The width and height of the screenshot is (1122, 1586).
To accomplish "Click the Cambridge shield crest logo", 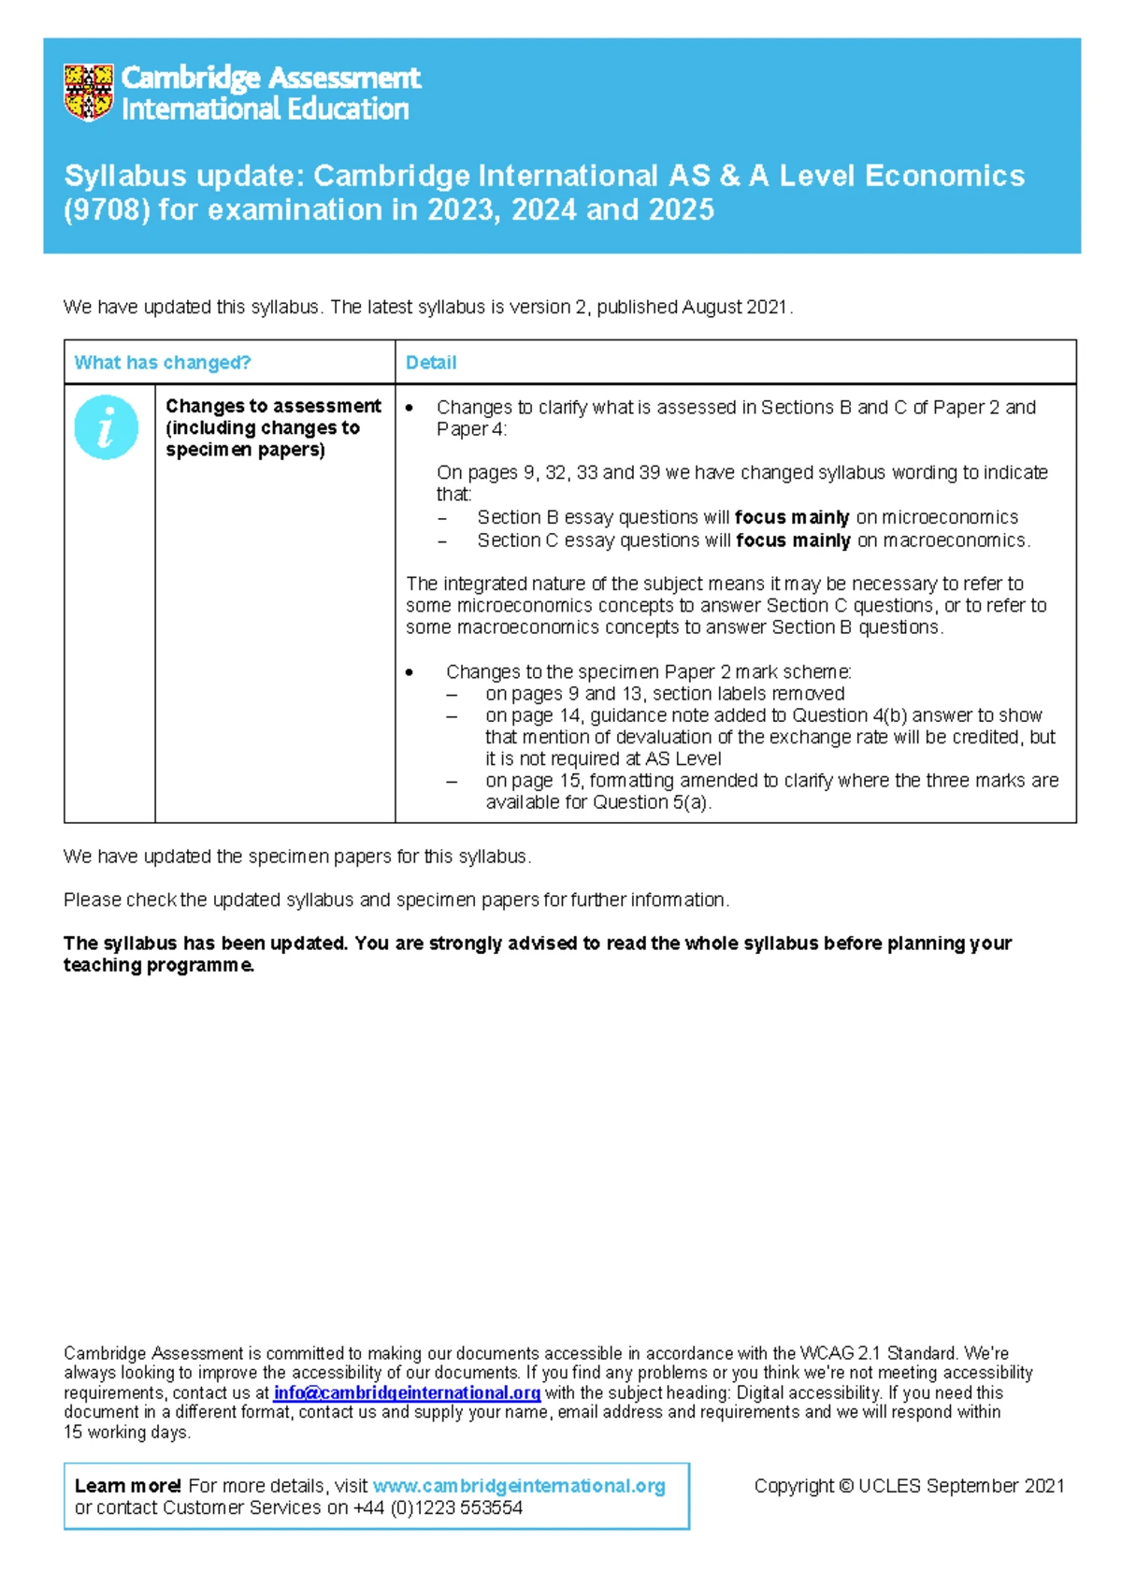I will (89, 93).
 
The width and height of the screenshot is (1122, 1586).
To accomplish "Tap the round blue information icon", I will (107, 427).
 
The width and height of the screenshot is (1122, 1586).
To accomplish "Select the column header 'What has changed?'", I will (163, 363).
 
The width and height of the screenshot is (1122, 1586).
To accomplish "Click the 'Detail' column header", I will (431, 363).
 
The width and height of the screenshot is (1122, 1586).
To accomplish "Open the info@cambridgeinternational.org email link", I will (407, 1392).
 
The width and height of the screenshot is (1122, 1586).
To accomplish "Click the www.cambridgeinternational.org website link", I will (519, 1486).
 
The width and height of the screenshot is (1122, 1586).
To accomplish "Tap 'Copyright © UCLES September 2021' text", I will (909, 1486).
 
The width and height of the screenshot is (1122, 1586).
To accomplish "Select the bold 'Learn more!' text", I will (128, 1486).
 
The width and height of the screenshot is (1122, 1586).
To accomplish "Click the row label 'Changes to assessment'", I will (273, 407).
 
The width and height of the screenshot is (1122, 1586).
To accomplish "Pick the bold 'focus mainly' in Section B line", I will (792, 517).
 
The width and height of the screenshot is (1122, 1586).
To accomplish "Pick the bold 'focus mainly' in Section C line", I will (793, 541).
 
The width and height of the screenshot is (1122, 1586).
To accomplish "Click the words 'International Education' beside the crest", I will (266, 109).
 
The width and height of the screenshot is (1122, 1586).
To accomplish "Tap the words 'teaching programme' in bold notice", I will (158, 965).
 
